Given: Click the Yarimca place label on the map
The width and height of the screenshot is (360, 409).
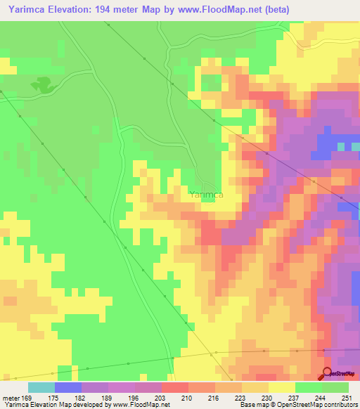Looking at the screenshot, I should [206, 195].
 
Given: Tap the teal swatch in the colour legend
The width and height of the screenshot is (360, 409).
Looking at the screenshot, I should [41, 387].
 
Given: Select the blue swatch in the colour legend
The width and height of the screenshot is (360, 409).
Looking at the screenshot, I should [68, 387].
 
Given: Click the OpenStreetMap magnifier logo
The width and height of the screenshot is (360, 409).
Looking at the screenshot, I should [328, 375].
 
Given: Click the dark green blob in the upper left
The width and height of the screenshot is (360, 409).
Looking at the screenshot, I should [42, 85].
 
